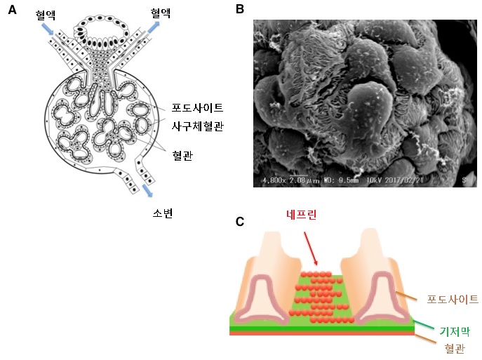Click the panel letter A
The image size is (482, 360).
(12, 11)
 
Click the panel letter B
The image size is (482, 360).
(239, 10)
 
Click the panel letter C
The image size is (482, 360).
(239, 222)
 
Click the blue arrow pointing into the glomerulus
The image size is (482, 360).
(48, 29)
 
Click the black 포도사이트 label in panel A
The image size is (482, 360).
(197, 107)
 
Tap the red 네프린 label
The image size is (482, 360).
(302, 215)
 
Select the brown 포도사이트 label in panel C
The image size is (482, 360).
(453, 299)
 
